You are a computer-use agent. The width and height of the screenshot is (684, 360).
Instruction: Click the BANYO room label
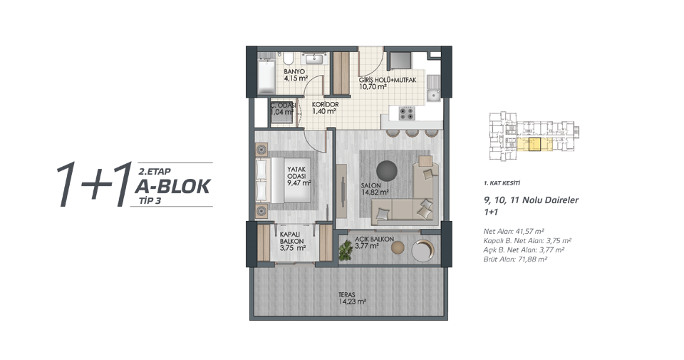tap(294, 71)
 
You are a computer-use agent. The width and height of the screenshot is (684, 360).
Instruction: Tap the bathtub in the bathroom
tap(266, 76)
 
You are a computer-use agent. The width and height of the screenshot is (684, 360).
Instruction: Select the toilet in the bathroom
tap(289, 59)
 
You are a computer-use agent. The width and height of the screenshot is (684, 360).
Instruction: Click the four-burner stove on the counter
tap(408, 113)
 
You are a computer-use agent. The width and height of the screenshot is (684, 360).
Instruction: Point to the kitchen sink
tap(434, 88)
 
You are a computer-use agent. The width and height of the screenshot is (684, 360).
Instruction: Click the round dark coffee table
tap(386, 170)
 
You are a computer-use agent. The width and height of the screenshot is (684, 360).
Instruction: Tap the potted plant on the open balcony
tap(346, 252)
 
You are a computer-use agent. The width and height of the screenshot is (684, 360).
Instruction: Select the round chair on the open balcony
tap(423, 250)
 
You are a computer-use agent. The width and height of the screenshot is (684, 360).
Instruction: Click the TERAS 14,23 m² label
tap(352, 298)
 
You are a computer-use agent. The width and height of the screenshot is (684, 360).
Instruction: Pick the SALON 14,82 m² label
tap(375, 189)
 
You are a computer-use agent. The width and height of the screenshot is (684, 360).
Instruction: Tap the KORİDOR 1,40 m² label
tap(325, 108)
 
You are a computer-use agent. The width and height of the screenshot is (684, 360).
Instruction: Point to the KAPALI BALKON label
tap(292, 238)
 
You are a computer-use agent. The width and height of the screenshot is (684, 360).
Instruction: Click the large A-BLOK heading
tap(172, 186)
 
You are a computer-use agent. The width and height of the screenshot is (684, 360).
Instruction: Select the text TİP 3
tap(150, 201)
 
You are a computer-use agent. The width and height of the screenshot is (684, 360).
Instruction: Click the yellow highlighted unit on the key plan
tap(535, 145)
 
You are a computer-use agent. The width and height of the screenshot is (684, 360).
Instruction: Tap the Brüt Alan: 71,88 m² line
tap(515, 259)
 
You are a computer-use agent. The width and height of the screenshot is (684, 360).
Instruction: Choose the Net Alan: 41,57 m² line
tap(514, 231)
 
